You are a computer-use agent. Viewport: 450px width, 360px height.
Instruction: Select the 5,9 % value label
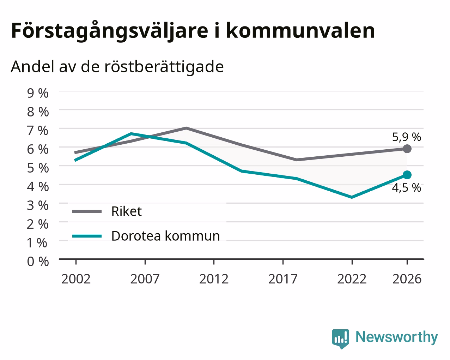click(x=406, y=137)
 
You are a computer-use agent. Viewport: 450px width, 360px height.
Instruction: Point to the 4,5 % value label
click(x=406, y=188)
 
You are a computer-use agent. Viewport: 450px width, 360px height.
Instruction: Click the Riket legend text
click(x=127, y=211)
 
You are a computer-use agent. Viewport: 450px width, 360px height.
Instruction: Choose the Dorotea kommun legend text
click(x=166, y=236)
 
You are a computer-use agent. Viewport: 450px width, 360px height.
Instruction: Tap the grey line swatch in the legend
click(x=87, y=211)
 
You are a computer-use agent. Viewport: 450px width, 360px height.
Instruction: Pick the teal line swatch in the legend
click(x=87, y=236)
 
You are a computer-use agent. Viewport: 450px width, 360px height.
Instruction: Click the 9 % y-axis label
click(x=38, y=93)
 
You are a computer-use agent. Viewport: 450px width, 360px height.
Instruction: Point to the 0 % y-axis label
click(x=38, y=262)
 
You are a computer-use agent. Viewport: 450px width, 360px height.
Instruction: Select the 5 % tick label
click(x=38, y=168)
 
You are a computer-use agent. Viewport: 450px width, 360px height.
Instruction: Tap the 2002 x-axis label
click(x=76, y=279)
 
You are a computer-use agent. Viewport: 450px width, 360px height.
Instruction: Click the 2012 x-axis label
click(x=214, y=279)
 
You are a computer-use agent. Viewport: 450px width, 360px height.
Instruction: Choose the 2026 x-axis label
click(x=407, y=279)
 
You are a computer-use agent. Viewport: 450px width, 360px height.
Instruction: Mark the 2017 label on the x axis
click(x=283, y=279)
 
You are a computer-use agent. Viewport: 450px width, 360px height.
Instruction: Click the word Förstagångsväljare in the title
click(x=110, y=31)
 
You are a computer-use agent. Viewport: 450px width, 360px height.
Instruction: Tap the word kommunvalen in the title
click(x=300, y=31)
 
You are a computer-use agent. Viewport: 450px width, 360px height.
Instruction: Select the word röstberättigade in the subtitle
click(x=164, y=67)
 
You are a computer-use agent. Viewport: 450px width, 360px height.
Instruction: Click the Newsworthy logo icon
click(x=340, y=338)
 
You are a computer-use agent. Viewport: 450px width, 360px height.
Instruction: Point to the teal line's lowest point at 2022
click(x=352, y=197)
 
